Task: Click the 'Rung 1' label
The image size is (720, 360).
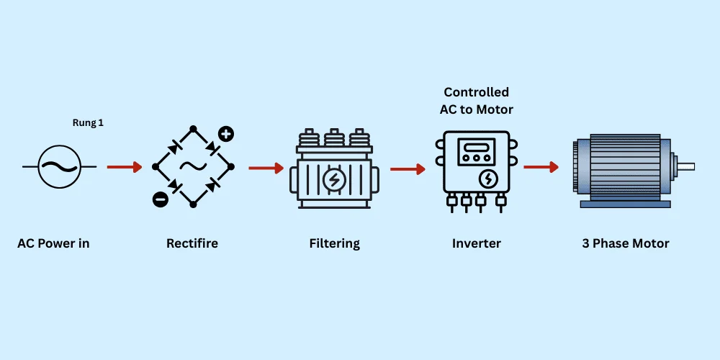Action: tap(89, 123)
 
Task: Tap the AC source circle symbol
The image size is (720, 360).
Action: tap(59, 166)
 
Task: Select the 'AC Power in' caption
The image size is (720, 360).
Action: tap(53, 243)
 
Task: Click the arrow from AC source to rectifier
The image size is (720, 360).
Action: tap(124, 167)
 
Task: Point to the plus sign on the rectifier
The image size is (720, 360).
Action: tap(226, 133)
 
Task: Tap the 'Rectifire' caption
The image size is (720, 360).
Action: tap(192, 243)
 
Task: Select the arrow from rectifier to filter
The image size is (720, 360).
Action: tap(266, 168)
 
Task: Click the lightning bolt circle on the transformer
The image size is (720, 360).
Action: tap(333, 179)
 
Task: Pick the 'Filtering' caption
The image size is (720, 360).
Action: tap(334, 243)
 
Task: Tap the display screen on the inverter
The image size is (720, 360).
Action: tap(475, 151)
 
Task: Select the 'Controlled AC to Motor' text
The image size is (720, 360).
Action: tap(476, 100)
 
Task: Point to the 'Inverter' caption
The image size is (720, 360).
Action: tap(476, 243)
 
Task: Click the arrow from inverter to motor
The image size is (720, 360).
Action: tap(541, 167)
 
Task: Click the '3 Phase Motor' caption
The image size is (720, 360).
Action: tap(626, 243)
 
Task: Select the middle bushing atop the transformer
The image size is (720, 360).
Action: tap(334, 138)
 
